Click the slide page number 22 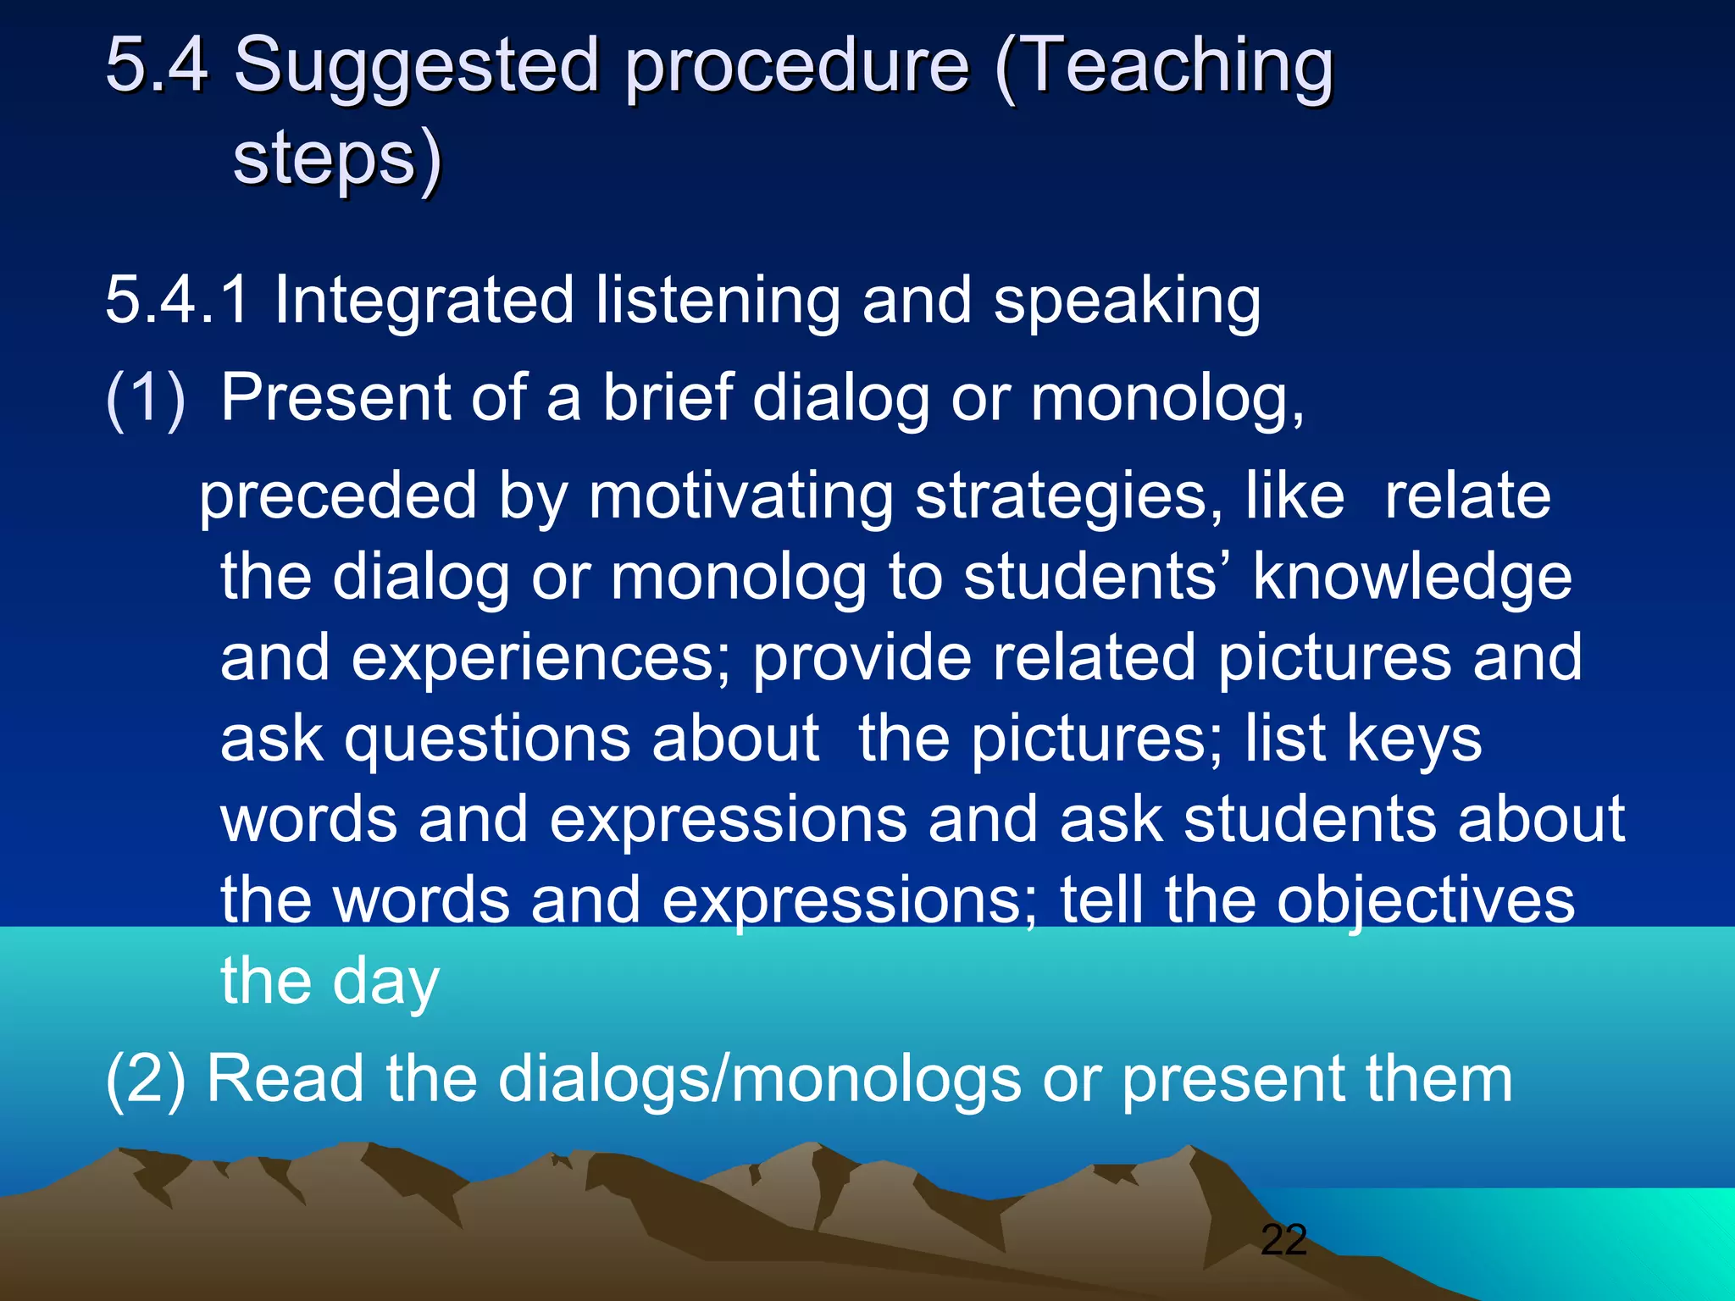(1283, 1240)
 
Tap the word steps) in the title (337, 159)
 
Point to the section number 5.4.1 (177, 300)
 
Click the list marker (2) (145, 1079)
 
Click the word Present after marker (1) (335, 398)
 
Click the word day (385, 983)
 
